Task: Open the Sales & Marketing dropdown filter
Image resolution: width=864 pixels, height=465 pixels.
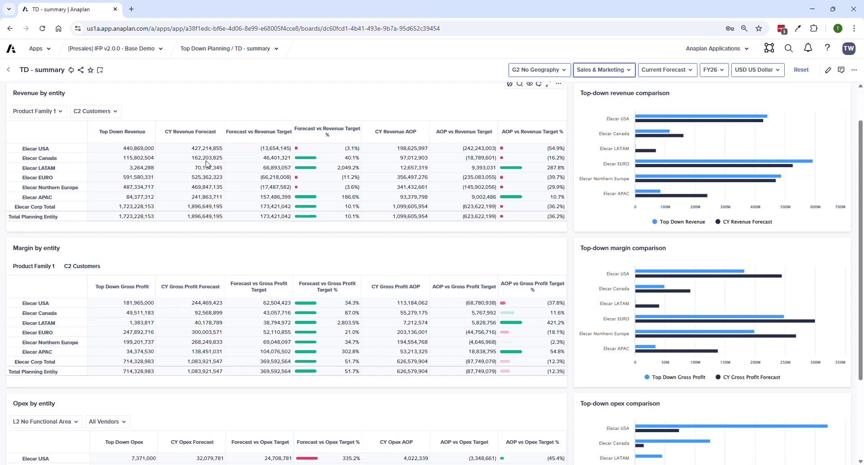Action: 604,70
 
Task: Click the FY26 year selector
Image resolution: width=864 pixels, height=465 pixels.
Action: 714,70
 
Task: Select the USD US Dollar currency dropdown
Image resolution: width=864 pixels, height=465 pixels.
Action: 757,70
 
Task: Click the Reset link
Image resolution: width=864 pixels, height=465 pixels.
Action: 801,70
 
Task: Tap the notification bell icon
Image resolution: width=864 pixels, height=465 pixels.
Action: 808,48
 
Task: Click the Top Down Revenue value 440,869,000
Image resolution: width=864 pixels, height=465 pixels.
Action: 138,148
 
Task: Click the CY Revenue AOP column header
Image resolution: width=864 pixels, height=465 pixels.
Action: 396,132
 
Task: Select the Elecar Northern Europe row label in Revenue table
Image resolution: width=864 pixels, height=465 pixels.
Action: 50,187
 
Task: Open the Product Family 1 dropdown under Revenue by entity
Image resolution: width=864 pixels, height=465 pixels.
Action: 38,111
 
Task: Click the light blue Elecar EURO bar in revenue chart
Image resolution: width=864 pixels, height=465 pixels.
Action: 724,161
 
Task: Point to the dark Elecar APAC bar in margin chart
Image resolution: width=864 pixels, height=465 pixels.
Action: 676,351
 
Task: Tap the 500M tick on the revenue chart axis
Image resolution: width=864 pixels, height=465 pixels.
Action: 785,207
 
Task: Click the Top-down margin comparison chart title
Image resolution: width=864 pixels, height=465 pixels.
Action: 623,248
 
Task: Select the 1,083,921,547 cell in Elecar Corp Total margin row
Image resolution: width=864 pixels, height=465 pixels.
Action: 205,361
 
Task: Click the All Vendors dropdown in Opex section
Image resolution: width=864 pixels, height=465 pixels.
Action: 107,422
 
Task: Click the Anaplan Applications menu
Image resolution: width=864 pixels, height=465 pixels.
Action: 717,49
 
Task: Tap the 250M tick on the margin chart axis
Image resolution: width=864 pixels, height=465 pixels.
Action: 785,362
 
